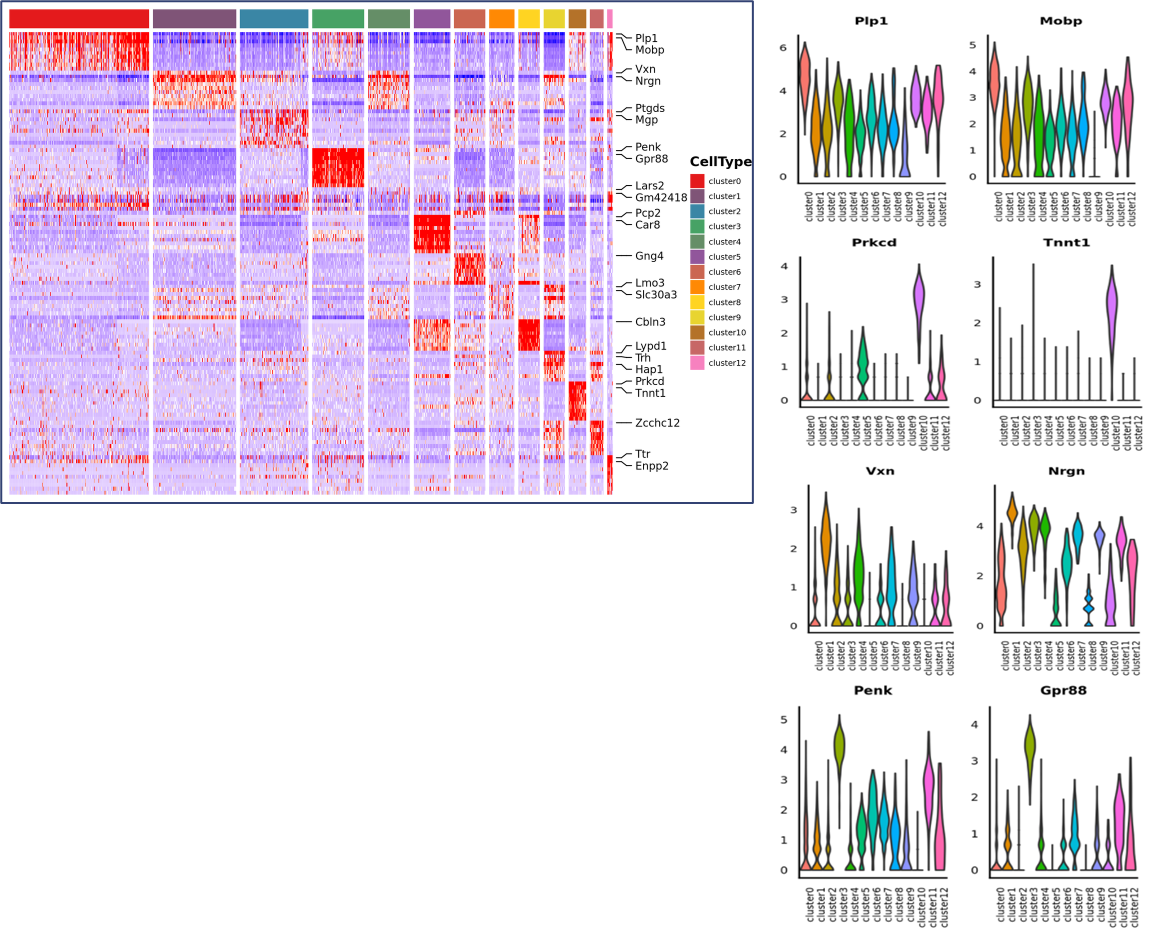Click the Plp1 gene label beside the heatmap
646,38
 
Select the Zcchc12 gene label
657,423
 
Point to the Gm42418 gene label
661,198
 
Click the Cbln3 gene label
650,322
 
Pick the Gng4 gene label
649,256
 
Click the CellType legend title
720,162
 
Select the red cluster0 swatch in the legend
697,181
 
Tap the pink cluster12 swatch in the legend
697,363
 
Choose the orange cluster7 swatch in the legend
697,287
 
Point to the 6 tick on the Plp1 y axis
784,48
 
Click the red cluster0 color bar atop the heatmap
79,19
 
